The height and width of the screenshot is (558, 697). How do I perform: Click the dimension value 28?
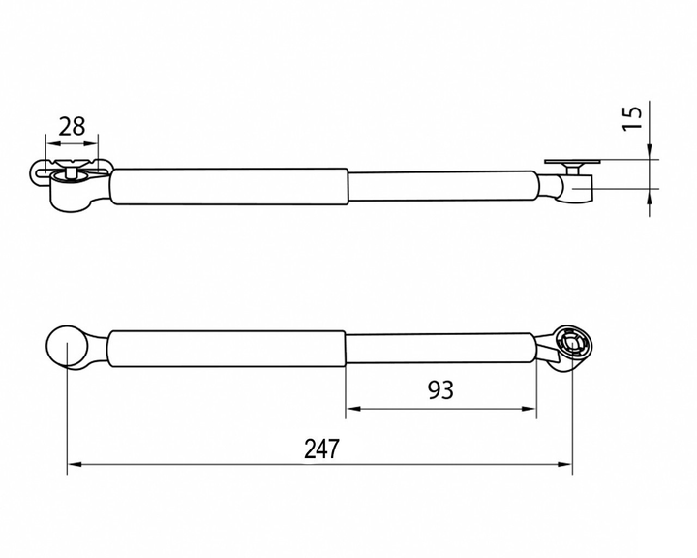72,126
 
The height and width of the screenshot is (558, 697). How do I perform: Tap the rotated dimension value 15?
633,118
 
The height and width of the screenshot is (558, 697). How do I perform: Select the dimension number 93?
440,390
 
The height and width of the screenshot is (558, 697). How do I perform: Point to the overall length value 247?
321,449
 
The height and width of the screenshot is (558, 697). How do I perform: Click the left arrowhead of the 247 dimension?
74,464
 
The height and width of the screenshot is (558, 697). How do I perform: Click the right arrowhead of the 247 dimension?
565,464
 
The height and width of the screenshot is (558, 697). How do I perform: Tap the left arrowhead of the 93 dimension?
352,409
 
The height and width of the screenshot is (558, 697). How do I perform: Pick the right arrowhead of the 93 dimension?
530,409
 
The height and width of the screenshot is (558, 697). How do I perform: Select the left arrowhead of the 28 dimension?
52,143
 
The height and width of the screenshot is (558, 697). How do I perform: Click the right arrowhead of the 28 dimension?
92,143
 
